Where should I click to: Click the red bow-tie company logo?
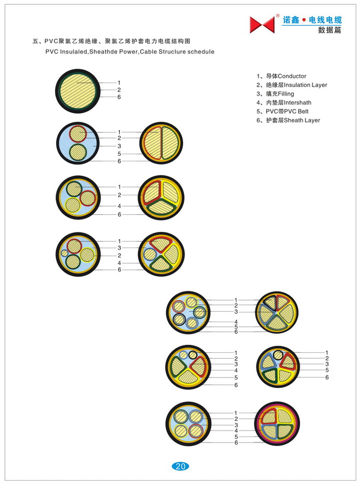point(262,24)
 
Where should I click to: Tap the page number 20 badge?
point(180,466)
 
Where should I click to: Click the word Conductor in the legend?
point(292,76)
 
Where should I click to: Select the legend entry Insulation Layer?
point(305,85)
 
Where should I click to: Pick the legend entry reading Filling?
point(286,94)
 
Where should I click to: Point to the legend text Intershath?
point(297,103)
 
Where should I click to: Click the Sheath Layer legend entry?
point(302,120)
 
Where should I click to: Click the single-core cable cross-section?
point(78,91)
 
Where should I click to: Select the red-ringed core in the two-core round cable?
point(78,134)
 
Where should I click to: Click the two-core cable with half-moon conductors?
point(161,143)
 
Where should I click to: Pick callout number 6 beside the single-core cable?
point(119,97)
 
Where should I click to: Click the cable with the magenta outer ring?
point(277,423)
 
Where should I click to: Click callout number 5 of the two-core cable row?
point(119,154)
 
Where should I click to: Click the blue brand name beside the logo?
point(313,20)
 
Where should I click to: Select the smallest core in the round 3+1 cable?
point(64,253)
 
